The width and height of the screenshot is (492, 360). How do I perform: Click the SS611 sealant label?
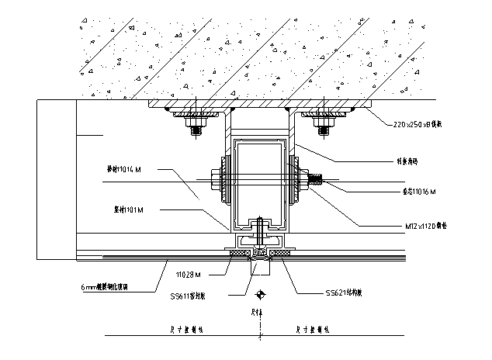click(x=193, y=295)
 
